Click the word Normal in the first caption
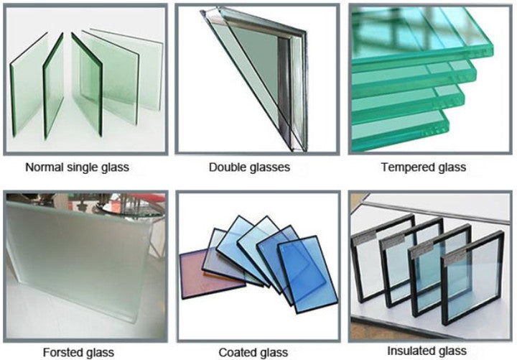[x=45, y=167]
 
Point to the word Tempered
[x=408, y=167]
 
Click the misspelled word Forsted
[x=62, y=352]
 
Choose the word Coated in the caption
[x=235, y=352]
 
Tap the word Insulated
[x=411, y=351]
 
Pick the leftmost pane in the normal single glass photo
[x=28, y=84]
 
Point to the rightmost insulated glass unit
[x=472, y=277]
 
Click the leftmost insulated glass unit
[x=379, y=257]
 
